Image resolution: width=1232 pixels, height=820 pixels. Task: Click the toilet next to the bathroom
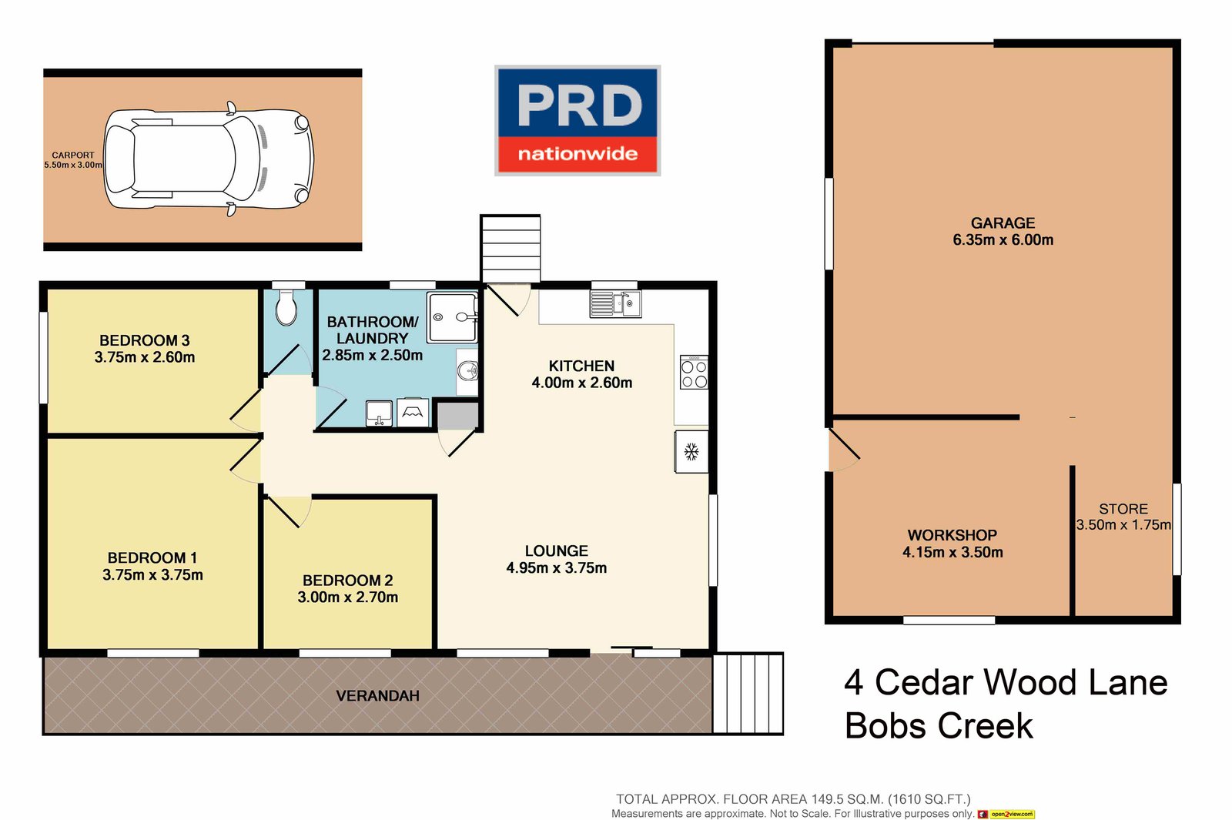[286, 308]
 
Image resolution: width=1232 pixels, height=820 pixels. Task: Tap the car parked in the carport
[209, 159]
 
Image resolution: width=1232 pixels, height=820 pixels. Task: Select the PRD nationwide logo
[577, 121]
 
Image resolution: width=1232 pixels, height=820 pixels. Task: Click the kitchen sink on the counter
[615, 303]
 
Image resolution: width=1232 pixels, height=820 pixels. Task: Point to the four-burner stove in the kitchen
[694, 373]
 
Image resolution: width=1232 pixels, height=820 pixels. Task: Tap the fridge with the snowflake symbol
[691, 452]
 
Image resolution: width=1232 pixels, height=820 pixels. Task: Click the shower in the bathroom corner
[453, 316]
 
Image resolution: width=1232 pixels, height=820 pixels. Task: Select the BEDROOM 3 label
[144, 340]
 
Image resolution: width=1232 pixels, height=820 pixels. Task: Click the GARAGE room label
[1003, 223]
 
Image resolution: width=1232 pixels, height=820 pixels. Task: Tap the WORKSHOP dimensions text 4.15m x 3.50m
[952, 552]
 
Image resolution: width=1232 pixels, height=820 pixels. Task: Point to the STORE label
[1123, 509]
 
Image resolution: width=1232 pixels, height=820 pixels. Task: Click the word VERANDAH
[377, 696]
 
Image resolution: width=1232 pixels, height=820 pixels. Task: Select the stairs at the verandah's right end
[748, 693]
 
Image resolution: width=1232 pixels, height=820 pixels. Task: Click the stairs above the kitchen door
[511, 249]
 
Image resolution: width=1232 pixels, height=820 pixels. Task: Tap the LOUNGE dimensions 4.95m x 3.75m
[556, 568]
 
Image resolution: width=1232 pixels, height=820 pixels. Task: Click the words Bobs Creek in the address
[939, 726]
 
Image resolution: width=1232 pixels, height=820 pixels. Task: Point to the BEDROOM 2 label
[347, 581]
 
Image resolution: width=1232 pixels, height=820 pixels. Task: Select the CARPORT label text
[73, 155]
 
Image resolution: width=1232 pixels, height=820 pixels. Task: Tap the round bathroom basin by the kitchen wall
[467, 372]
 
